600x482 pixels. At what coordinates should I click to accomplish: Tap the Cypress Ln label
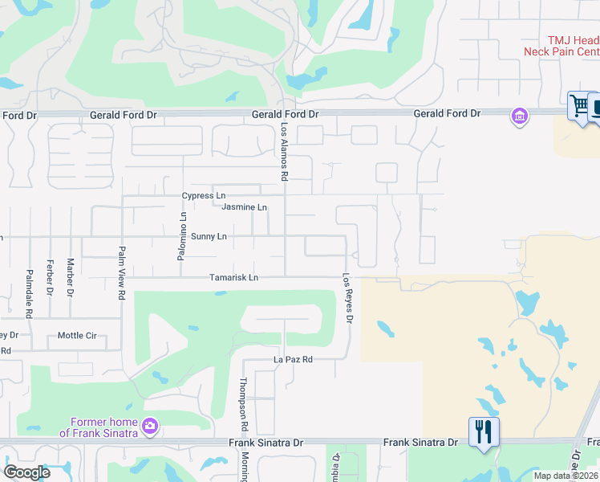click(x=204, y=195)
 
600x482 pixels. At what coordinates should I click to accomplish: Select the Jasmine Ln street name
click(x=244, y=207)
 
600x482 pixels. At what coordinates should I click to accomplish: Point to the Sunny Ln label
click(x=209, y=237)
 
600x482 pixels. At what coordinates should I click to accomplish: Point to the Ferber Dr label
click(x=50, y=276)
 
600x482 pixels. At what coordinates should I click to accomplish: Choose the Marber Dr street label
click(x=71, y=276)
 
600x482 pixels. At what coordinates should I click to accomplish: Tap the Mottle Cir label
click(x=77, y=336)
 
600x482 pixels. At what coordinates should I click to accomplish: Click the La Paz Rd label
click(x=293, y=359)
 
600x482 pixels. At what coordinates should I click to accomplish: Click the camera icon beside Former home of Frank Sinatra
click(x=149, y=426)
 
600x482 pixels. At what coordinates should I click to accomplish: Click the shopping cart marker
click(x=578, y=104)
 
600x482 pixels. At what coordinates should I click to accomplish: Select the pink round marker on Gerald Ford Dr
click(x=519, y=117)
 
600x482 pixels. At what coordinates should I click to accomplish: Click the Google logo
click(x=26, y=472)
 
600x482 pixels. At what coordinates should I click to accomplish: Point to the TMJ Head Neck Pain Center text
click(x=561, y=45)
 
